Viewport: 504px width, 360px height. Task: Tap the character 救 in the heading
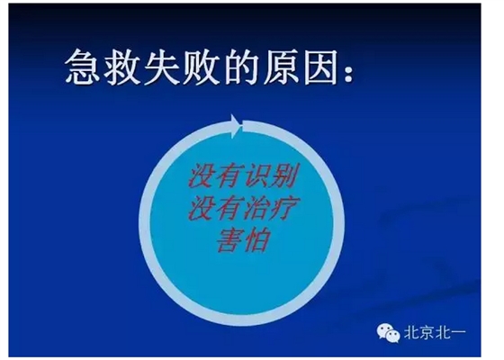[126, 67]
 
